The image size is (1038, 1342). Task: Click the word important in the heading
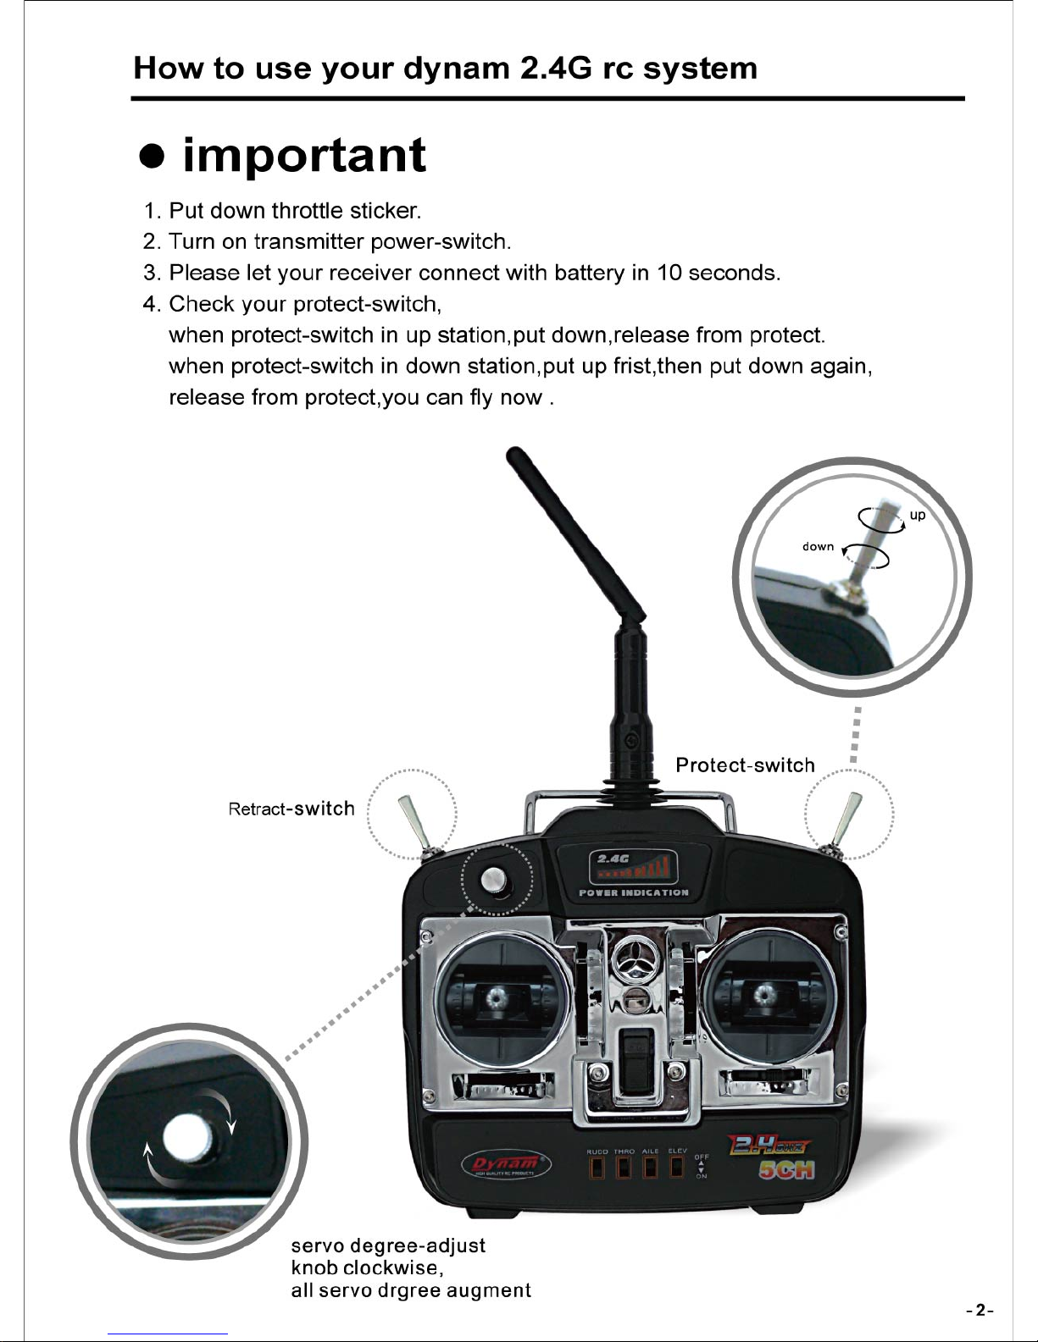(304, 155)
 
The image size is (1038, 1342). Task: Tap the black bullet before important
(152, 157)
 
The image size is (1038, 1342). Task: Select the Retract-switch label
(291, 809)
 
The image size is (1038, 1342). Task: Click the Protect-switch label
(745, 765)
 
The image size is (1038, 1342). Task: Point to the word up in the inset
(918, 515)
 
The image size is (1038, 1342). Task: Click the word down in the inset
(818, 547)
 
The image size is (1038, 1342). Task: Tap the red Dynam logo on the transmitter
(506, 1165)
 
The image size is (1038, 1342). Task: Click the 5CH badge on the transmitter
(786, 1169)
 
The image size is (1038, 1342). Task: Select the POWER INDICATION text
(633, 892)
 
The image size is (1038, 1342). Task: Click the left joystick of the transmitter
(494, 997)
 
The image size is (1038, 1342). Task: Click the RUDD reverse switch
(597, 1168)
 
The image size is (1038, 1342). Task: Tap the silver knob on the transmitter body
(494, 880)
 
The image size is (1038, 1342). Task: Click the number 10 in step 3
(669, 273)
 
